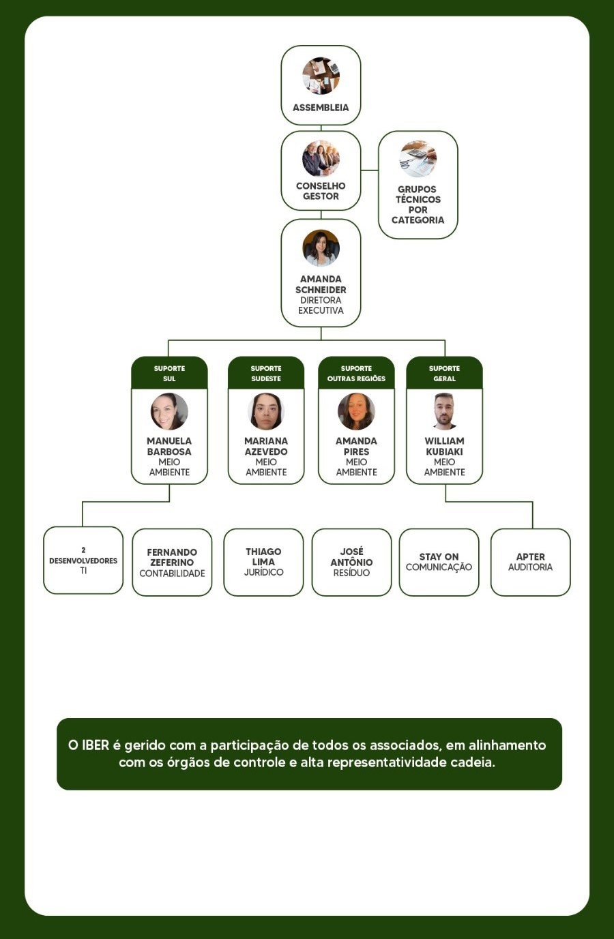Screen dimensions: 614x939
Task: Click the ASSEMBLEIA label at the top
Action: click(321, 108)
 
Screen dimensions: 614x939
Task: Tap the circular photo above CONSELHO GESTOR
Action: click(321, 159)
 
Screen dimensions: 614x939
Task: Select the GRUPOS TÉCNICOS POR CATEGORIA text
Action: click(418, 205)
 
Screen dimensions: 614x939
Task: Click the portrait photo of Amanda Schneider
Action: click(321, 248)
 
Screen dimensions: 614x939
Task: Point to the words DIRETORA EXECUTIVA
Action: click(321, 305)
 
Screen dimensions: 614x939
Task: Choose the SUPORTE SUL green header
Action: click(169, 373)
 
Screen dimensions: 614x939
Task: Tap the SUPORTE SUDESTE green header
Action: click(266, 373)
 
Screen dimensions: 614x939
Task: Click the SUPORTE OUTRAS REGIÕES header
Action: click(356, 373)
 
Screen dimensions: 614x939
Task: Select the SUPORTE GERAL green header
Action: click(444, 373)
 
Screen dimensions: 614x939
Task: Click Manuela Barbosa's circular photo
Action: click(169, 411)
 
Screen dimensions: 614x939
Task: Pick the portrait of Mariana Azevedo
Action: click(266, 411)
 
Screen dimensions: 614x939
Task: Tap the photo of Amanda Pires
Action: click(356, 411)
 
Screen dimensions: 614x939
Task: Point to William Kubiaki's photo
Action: click(444, 411)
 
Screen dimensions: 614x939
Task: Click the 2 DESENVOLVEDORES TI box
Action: click(83, 560)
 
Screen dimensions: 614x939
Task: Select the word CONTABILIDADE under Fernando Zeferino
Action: click(172, 573)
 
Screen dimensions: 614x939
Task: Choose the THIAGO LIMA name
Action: click(263, 556)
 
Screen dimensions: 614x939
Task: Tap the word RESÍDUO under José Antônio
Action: click(351, 573)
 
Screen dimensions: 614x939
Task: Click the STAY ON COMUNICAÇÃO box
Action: click(439, 562)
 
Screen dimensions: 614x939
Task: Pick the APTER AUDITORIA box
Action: click(530, 562)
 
